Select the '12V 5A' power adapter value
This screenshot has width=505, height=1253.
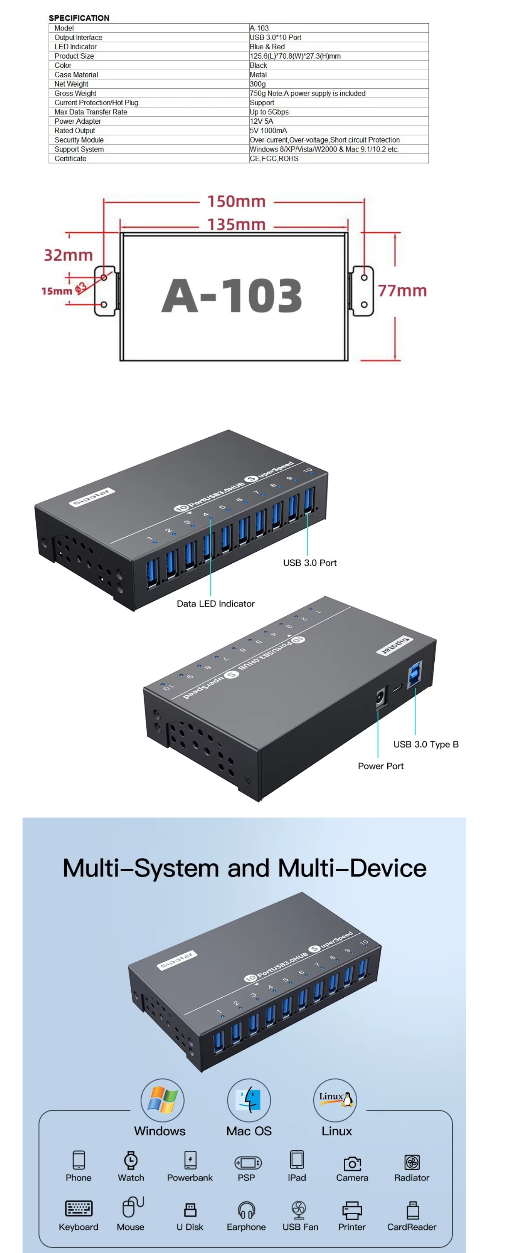coord(261,121)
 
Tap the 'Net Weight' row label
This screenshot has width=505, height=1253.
coord(71,84)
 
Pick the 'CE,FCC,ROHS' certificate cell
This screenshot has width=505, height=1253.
coord(274,159)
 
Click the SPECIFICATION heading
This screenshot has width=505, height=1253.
coord(79,18)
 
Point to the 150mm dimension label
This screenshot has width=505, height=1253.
coord(237,202)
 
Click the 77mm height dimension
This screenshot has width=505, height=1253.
coord(402,291)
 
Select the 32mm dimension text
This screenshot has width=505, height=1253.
coord(68,255)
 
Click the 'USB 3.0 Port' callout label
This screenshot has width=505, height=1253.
coord(309,563)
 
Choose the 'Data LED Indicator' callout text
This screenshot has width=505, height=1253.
coord(215,604)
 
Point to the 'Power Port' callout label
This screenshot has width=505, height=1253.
coord(381,766)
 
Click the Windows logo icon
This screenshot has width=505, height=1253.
coord(162,1100)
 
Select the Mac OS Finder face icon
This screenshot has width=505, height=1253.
coord(249,1100)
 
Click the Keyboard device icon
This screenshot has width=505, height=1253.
coord(78,1208)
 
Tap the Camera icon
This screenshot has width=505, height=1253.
coord(352,1163)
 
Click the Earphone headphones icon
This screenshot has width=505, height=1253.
coord(246,1209)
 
